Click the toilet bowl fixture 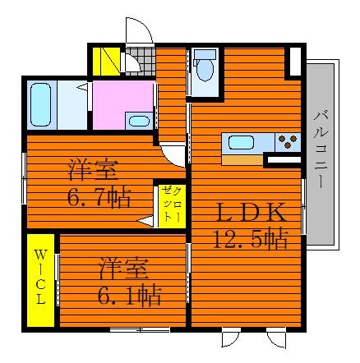click(205, 70)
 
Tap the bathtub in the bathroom click(41, 104)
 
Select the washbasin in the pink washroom click(139, 121)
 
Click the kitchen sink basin click(241, 143)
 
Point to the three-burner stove click(288, 141)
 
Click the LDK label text click(251, 213)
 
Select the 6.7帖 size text click(99, 197)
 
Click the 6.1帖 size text click(129, 295)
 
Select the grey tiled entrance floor click(141, 62)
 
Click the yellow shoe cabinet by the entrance click(106, 62)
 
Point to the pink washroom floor click(122, 105)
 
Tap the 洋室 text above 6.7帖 click(93, 170)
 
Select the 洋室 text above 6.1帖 click(124, 269)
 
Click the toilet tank click(205, 54)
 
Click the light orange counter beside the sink click(242, 160)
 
